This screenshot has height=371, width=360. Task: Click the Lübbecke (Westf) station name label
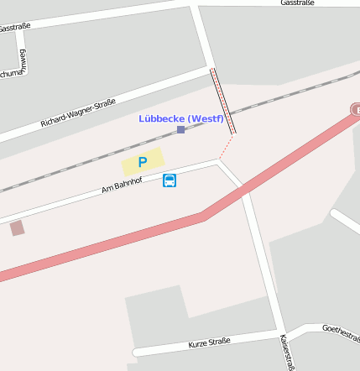pos(181,118)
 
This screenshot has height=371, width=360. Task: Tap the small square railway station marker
pos(180,130)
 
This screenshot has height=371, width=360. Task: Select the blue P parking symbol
pos(143,162)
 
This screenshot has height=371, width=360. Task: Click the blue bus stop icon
pos(170,180)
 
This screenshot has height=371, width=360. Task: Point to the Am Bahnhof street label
pos(123,185)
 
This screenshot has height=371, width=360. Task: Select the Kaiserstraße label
pos(287,352)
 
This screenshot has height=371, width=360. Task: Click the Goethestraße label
pos(341,329)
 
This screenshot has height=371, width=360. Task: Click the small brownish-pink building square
pos(17,227)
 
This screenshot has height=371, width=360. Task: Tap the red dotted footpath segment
pos(226,146)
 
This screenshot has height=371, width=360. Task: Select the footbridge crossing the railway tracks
pos(222,101)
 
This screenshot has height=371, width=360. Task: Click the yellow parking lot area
pos(143,162)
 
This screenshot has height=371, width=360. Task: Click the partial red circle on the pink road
pos(355,110)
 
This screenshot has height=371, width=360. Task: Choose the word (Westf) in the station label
pos(206,118)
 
